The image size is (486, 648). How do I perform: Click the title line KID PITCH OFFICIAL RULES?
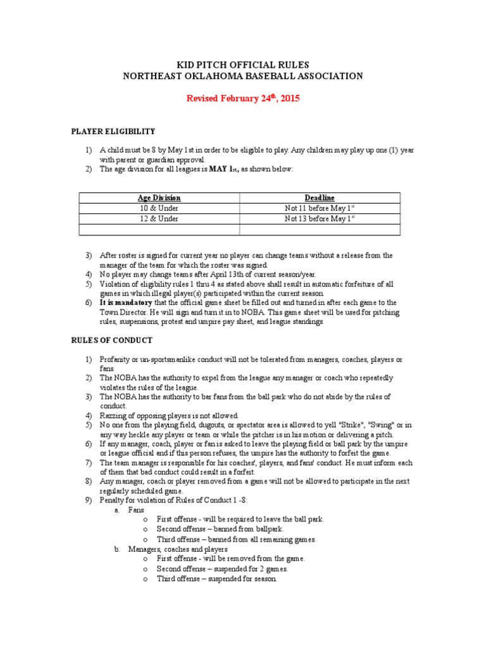click(243, 64)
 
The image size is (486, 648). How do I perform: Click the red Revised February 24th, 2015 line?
click(243, 99)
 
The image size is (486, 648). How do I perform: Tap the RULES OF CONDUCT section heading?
click(111, 340)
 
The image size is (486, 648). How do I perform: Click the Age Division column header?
click(159, 198)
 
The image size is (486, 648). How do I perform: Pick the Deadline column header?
click(320, 198)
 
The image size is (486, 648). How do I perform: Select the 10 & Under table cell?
click(159, 208)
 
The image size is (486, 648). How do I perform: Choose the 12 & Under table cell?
click(159, 219)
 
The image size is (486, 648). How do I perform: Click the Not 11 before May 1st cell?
click(320, 208)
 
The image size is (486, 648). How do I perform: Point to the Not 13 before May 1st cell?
click(320, 219)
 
